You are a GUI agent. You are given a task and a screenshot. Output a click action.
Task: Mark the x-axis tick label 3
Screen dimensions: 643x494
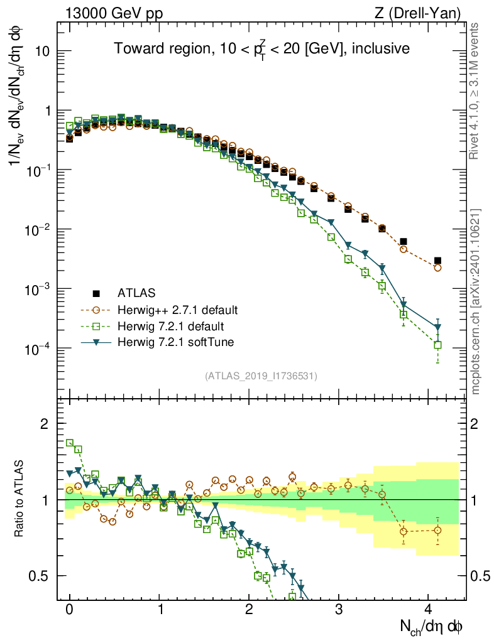point(339,610)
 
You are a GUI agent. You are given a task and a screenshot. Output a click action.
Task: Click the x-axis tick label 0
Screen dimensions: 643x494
point(70,610)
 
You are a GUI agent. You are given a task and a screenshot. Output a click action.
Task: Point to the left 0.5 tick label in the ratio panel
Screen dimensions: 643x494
point(40,576)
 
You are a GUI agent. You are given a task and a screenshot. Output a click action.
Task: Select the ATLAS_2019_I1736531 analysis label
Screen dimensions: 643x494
point(261,376)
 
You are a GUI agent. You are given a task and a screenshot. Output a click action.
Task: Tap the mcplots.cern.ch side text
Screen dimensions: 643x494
point(476,301)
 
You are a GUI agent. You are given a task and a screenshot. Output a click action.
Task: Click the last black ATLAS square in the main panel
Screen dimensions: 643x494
point(437,261)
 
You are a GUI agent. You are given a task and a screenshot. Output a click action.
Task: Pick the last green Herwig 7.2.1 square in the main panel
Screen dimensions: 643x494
point(437,345)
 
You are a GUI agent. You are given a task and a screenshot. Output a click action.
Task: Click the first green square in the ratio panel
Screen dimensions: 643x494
point(70,443)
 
